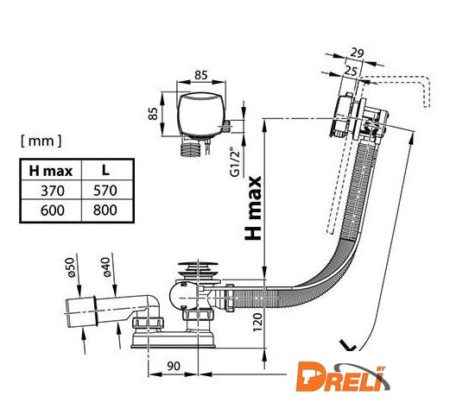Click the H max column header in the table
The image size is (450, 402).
(51, 171)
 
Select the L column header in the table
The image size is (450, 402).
(105, 170)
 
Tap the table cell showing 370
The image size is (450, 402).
(53, 191)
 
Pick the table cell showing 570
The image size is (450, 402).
(105, 191)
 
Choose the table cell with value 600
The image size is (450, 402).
(53, 210)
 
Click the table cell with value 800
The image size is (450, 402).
(105, 210)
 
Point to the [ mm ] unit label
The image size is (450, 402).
(41, 141)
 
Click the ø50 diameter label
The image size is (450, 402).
(71, 267)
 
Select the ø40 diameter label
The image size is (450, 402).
(106, 267)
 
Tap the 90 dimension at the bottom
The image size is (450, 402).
(174, 366)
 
